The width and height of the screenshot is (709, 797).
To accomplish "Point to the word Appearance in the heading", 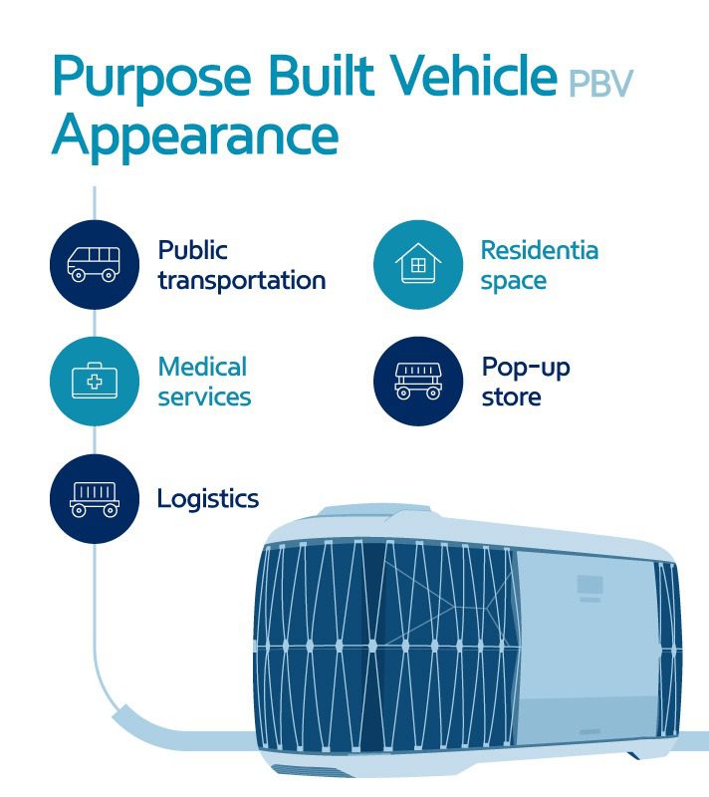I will tap(196, 135).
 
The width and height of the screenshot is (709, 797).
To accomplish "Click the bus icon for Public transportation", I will tap(94, 264).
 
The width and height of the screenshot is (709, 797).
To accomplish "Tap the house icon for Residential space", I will tap(418, 264).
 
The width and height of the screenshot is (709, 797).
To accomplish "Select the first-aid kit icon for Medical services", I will tap(94, 382).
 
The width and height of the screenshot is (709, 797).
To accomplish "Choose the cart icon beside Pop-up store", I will tap(418, 382).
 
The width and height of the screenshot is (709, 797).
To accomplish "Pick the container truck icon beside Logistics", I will tap(94, 498).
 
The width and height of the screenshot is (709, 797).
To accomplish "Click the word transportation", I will tap(241, 281).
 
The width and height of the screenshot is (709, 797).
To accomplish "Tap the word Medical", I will tap(202, 366).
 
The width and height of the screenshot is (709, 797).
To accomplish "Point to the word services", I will tap(204, 397).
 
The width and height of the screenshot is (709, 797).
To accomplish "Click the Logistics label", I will tap(208, 498).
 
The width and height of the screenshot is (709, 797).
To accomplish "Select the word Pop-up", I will tap(526, 368).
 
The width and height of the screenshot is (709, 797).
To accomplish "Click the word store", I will tap(511, 397).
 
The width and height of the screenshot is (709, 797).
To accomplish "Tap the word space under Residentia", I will tap(513, 281).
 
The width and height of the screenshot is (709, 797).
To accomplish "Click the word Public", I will tap(192, 249).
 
